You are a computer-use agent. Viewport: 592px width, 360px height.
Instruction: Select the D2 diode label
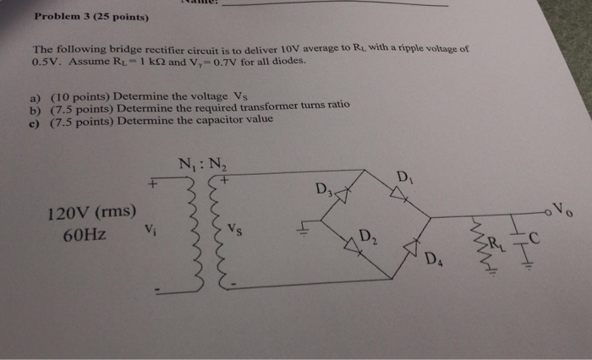pyautogui.click(x=367, y=236)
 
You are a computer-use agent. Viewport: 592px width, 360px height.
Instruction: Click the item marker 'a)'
pyautogui.click(x=35, y=98)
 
